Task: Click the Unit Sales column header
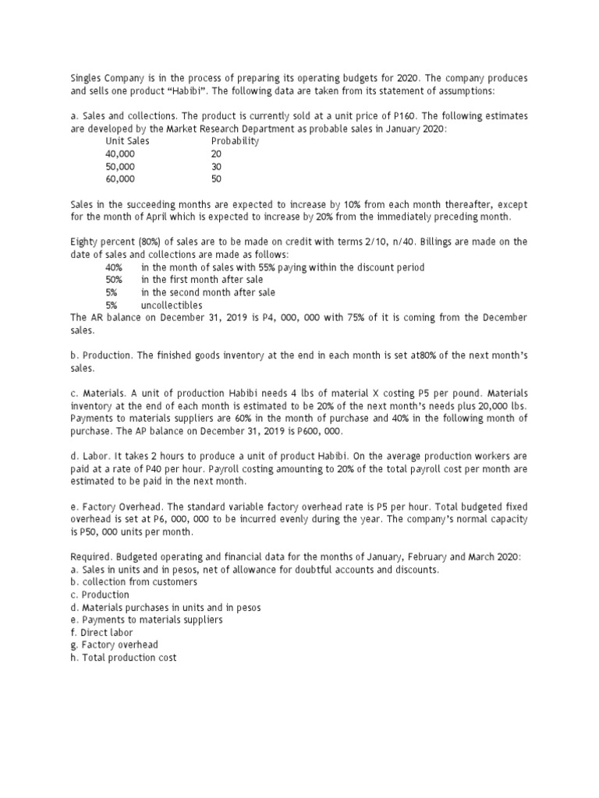pyautogui.click(x=127, y=142)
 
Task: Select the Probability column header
pyautogui.click(x=235, y=142)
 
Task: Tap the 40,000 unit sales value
pyautogui.click(x=120, y=154)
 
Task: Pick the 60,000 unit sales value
pyautogui.click(x=120, y=178)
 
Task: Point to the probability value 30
pyautogui.click(x=216, y=167)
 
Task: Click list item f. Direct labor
pyautogui.click(x=101, y=632)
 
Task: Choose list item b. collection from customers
pyautogui.click(x=133, y=582)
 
